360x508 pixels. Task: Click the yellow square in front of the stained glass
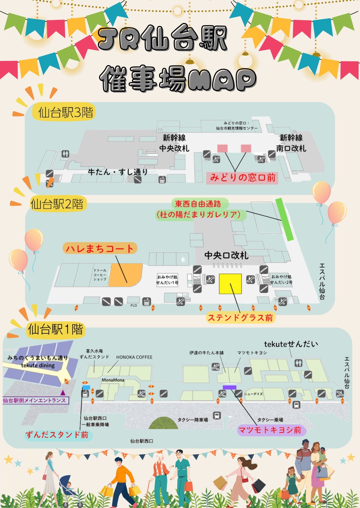coord(230,284)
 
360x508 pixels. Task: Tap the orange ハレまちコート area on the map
coord(126,275)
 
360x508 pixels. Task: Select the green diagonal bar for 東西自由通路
coord(284,219)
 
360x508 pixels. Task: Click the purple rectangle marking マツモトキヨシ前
coord(229,387)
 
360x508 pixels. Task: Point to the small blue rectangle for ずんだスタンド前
coord(86,387)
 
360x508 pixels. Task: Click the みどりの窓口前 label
coord(243,178)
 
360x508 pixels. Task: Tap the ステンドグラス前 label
coord(240,318)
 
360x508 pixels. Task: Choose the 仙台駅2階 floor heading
coord(57,204)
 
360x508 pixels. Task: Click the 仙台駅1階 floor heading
coord(55,330)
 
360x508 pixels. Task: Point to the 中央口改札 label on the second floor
coord(226,256)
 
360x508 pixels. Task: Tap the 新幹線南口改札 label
coord(291,143)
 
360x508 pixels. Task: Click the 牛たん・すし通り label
coord(118,172)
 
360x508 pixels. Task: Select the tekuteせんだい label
coord(291,344)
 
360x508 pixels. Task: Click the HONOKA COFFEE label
coord(134,357)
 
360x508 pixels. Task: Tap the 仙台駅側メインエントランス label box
coord(35,400)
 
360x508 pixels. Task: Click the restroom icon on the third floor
coord(65,154)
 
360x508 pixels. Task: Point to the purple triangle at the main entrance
coord(63,393)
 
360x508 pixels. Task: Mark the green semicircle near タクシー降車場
coord(163,423)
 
